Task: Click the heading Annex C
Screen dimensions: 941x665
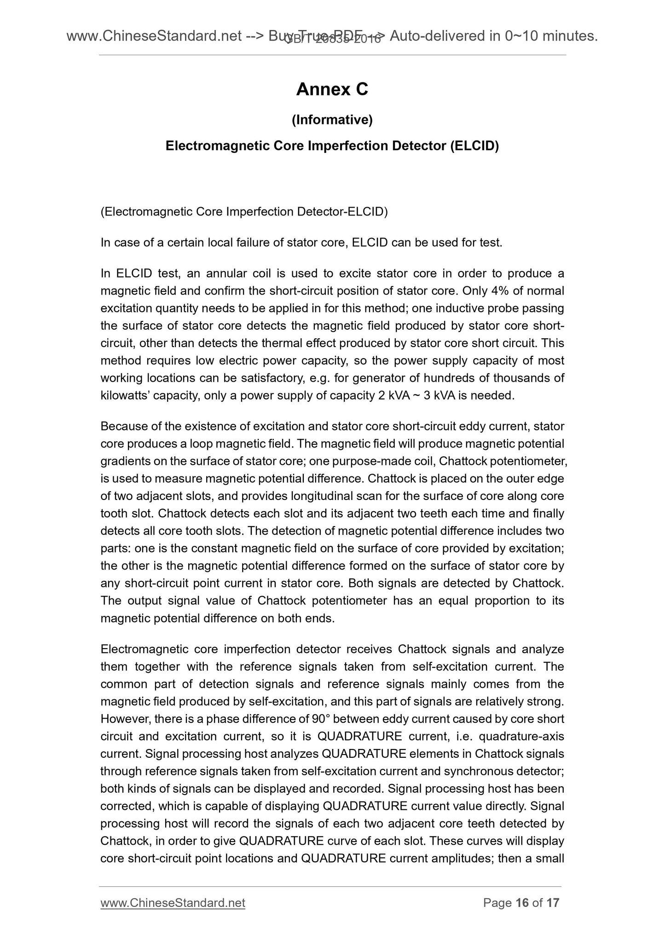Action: (332, 89)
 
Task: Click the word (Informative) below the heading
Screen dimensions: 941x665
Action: (332, 120)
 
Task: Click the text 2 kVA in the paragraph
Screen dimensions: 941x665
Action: (393, 395)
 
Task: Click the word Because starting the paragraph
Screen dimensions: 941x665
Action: (121, 426)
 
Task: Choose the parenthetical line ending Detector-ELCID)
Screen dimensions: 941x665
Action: (244, 212)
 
